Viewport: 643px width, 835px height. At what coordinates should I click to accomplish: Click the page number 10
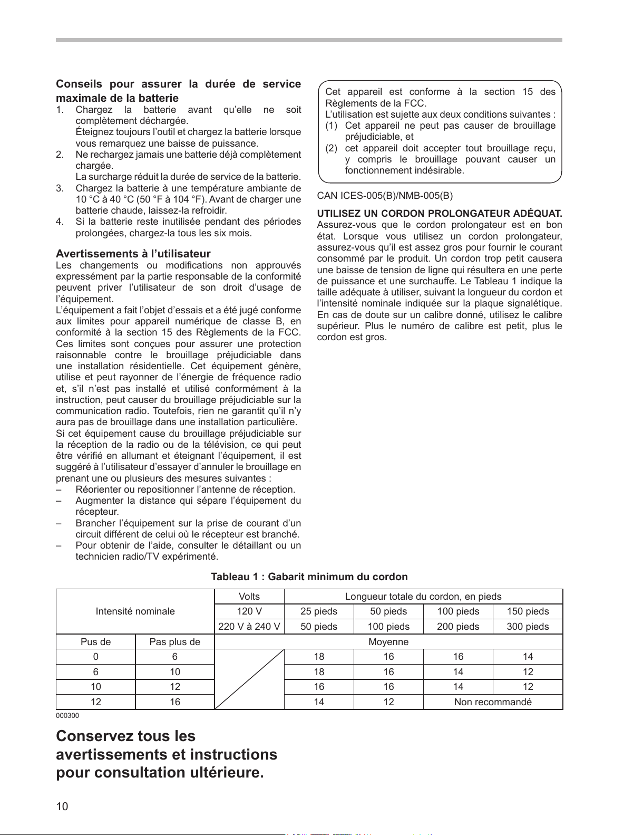[62, 806]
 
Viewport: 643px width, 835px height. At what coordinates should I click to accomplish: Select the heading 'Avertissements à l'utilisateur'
[133, 254]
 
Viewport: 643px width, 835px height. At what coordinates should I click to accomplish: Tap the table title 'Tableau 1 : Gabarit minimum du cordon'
[309, 577]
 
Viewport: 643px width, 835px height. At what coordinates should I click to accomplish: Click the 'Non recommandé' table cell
[493, 702]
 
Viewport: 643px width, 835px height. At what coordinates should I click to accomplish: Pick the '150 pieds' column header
[528, 611]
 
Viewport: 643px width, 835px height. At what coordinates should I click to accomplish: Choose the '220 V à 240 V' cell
[249, 627]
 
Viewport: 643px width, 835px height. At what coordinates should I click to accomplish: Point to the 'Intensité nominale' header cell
[135, 611]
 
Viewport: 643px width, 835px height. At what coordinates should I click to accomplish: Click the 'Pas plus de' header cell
[175, 642]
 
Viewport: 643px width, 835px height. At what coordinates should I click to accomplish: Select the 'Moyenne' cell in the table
[388, 642]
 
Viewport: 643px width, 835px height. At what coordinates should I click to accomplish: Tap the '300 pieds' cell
[528, 627]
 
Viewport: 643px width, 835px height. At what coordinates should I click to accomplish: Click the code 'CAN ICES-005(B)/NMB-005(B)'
[385, 196]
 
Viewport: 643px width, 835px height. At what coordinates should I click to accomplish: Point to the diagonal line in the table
[249, 679]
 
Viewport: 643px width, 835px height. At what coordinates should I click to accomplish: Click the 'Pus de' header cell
[95, 642]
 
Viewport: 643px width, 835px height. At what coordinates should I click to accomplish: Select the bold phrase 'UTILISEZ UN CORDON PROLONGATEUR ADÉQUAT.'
[440, 214]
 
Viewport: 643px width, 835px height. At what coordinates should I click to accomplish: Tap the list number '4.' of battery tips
[60, 222]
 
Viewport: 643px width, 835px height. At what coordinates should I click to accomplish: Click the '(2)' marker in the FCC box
[331, 148]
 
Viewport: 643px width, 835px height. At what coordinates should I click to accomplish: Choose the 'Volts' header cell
[249, 597]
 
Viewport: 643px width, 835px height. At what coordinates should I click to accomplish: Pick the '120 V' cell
[249, 611]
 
